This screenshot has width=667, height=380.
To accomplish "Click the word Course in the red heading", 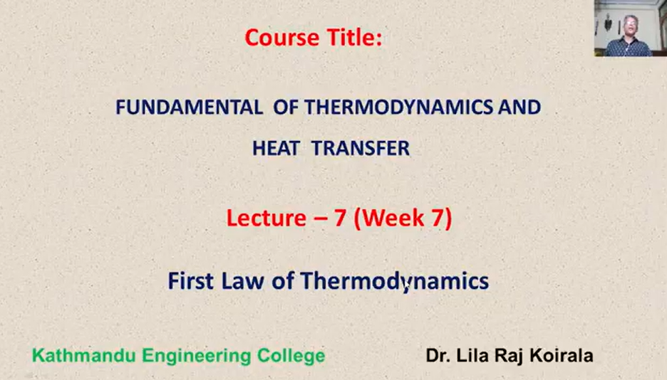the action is pyautogui.click(x=281, y=38).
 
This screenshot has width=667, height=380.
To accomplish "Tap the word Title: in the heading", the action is pyautogui.click(x=354, y=38).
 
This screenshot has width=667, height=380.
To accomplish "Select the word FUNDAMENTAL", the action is pyautogui.click(x=190, y=107).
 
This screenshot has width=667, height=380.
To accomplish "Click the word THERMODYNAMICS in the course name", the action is pyautogui.click(x=398, y=107).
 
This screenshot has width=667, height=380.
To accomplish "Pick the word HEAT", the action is pyautogui.click(x=276, y=148).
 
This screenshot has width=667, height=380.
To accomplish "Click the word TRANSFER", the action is pyautogui.click(x=361, y=148).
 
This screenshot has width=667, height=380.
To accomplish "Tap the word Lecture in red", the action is pyautogui.click(x=267, y=218).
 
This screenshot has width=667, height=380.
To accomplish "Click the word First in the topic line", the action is pyautogui.click(x=190, y=281).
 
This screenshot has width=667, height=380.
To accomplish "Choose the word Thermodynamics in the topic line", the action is pyautogui.click(x=395, y=282).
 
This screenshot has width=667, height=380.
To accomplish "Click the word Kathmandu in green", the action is pyautogui.click(x=84, y=356).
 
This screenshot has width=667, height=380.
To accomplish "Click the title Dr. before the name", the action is pyautogui.click(x=438, y=356).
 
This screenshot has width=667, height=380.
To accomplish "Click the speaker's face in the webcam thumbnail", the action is pyautogui.click(x=630, y=26).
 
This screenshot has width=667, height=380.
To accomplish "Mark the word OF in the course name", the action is pyautogui.click(x=286, y=107).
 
